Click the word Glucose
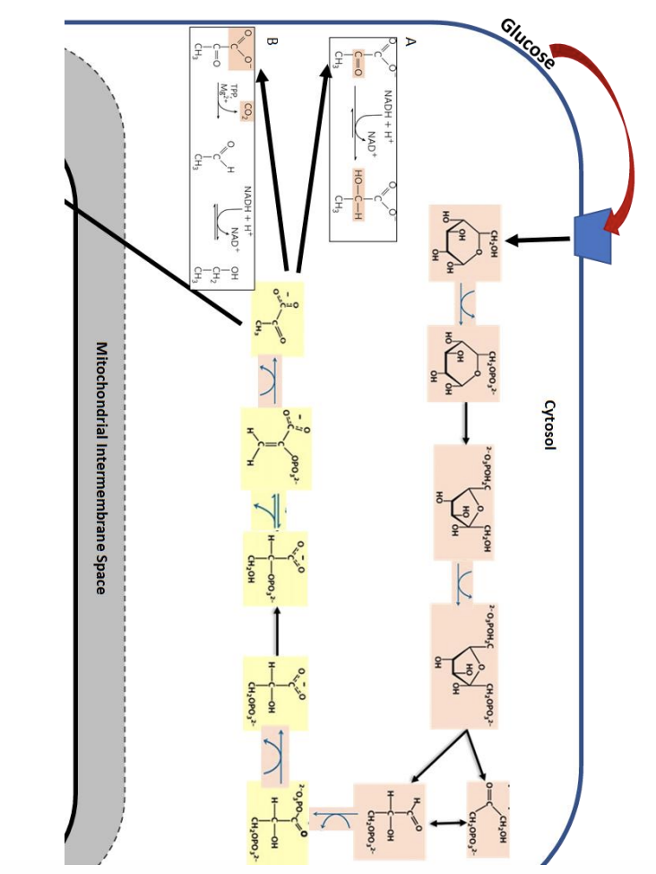pyautogui.click(x=529, y=42)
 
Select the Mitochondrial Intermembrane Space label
pyautogui.click(x=101, y=467)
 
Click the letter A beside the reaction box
pyautogui.click(x=410, y=42)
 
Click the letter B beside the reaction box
pyautogui.click(x=272, y=41)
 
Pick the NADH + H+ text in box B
pyautogui.click(x=250, y=212)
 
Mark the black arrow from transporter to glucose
pyautogui.click(x=539, y=239)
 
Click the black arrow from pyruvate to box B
pyautogui.click(x=272, y=171)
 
